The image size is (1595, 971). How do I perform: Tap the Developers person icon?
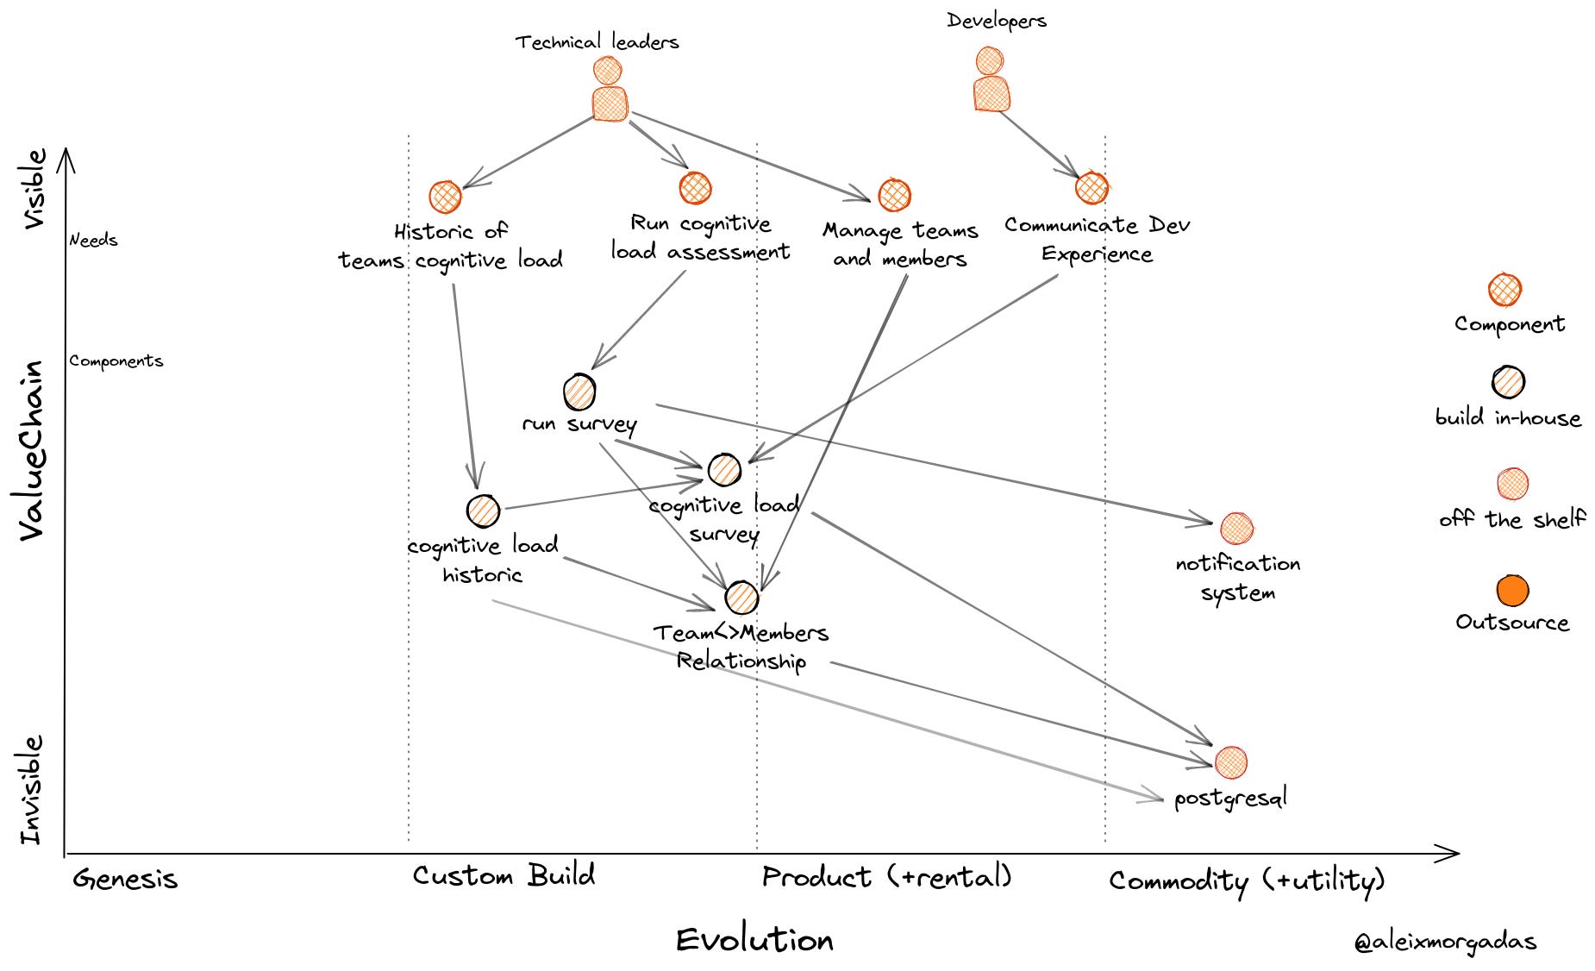991,81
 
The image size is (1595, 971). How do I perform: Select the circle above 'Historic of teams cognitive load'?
445,197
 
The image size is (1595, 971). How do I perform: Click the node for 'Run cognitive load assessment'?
695,188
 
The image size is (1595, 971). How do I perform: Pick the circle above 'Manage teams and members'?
894,196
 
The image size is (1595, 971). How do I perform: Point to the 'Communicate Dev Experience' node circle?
1091,187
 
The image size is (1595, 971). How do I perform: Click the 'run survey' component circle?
579,392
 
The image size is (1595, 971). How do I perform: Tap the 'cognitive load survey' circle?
724,469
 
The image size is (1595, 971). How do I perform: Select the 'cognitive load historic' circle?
483,511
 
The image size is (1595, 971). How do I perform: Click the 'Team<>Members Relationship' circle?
741,597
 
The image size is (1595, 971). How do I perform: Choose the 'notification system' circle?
1236,528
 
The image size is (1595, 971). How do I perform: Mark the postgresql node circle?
1230,761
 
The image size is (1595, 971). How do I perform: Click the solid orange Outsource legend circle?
1512,591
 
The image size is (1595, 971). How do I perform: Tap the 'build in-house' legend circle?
1508,381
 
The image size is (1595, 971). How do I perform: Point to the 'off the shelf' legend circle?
1512,484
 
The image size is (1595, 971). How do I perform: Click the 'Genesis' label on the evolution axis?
125,879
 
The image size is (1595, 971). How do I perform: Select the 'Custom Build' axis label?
504,875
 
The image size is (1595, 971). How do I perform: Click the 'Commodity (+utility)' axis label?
1247,880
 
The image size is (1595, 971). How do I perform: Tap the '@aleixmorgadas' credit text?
1445,942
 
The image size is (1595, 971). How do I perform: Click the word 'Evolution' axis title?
754,939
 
